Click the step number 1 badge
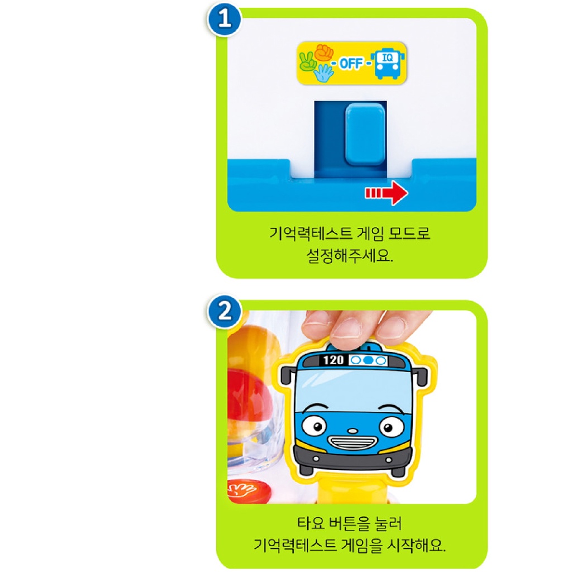point(225,21)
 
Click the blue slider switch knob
point(365,134)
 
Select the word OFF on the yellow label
point(351,63)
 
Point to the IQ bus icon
point(387,63)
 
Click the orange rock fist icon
point(323,53)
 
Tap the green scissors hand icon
point(308,61)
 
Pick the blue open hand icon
point(322,73)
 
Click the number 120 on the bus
point(333,360)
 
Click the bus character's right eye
point(391,427)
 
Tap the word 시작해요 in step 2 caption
point(417,545)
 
